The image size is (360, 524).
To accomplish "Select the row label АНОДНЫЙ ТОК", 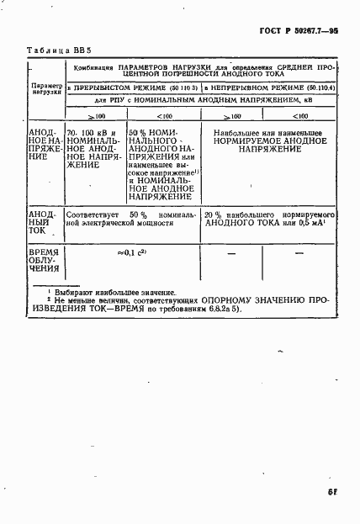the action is pos(44,225).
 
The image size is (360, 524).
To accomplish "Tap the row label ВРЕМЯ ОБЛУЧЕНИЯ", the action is pos(44,261).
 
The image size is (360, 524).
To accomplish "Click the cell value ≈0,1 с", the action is pos(132,252).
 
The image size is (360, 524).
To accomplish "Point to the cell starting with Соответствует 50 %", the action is pos(130,220).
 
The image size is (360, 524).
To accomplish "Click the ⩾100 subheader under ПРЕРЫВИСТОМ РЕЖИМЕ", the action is pos(94,116).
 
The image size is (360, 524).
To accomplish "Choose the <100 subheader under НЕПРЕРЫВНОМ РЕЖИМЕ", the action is pos(298,116).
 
